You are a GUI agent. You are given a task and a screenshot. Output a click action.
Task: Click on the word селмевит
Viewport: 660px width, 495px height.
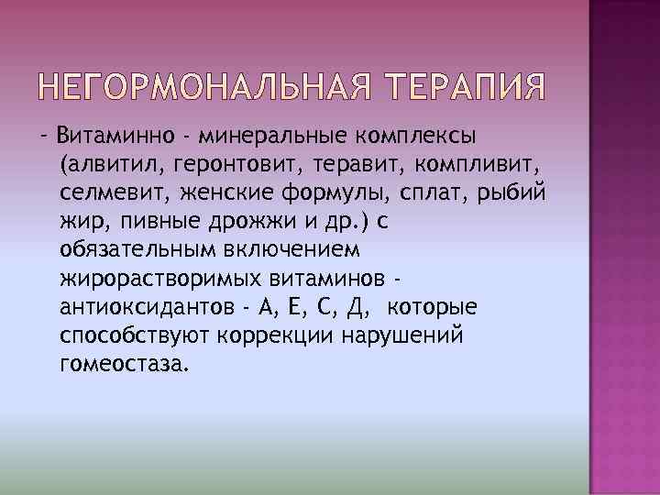100,193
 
